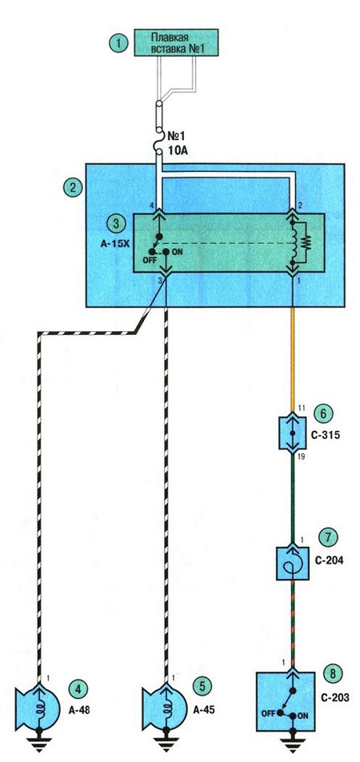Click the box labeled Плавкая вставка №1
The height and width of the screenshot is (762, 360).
click(x=176, y=42)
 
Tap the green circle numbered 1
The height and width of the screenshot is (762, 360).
click(x=118, y=43)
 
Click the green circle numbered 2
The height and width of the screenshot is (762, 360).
click(x=73, y=189)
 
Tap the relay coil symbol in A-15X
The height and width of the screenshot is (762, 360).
click(x=294, y=241)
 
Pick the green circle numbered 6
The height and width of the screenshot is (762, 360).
click(x=322, y=414)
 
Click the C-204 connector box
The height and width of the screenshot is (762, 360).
click(x=292, y=563)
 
